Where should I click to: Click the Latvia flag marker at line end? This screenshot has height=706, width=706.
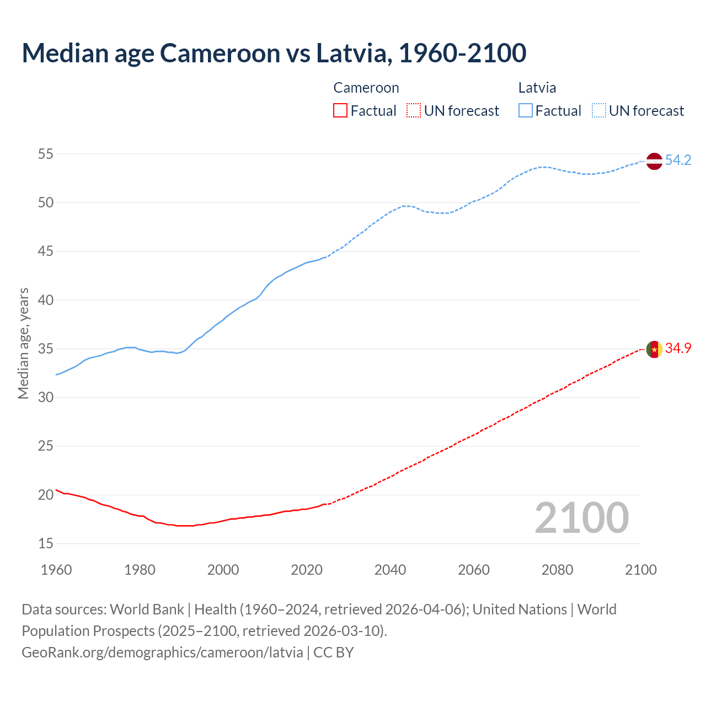tap(654, 161)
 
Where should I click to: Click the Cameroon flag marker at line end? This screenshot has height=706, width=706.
tap(654, 349)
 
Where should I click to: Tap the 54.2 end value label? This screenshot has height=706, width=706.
tap(678, 160)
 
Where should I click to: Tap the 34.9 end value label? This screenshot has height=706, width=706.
tap(678, 348)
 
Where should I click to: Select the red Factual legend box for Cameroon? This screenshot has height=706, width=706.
tap(340, 110)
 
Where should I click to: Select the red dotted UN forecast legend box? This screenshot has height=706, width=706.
tap(414, 110)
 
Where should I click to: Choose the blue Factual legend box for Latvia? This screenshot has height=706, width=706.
tap(526, 110)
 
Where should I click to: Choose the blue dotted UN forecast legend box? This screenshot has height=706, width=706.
tap(599, 110)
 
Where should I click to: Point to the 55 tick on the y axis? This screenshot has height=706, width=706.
tap(46, 154)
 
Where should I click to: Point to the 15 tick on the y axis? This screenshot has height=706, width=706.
tap(46, 543)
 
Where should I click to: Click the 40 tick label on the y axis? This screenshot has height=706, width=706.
tap(46, 300)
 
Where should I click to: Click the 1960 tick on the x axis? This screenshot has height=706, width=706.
tap(56, 569)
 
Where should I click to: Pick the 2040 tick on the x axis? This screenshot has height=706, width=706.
tap(390, 569)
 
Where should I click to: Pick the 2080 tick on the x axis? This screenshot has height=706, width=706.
tap(557, 569)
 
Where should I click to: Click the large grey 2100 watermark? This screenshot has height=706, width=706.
tap(581, 517)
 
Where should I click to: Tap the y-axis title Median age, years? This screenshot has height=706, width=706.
tap(23, 343)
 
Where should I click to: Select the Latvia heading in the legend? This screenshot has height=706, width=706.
tap(537, 88)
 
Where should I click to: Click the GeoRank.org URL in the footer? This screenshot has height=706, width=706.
tap(162, 652)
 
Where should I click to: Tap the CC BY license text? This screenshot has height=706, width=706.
tap(334, 652)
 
